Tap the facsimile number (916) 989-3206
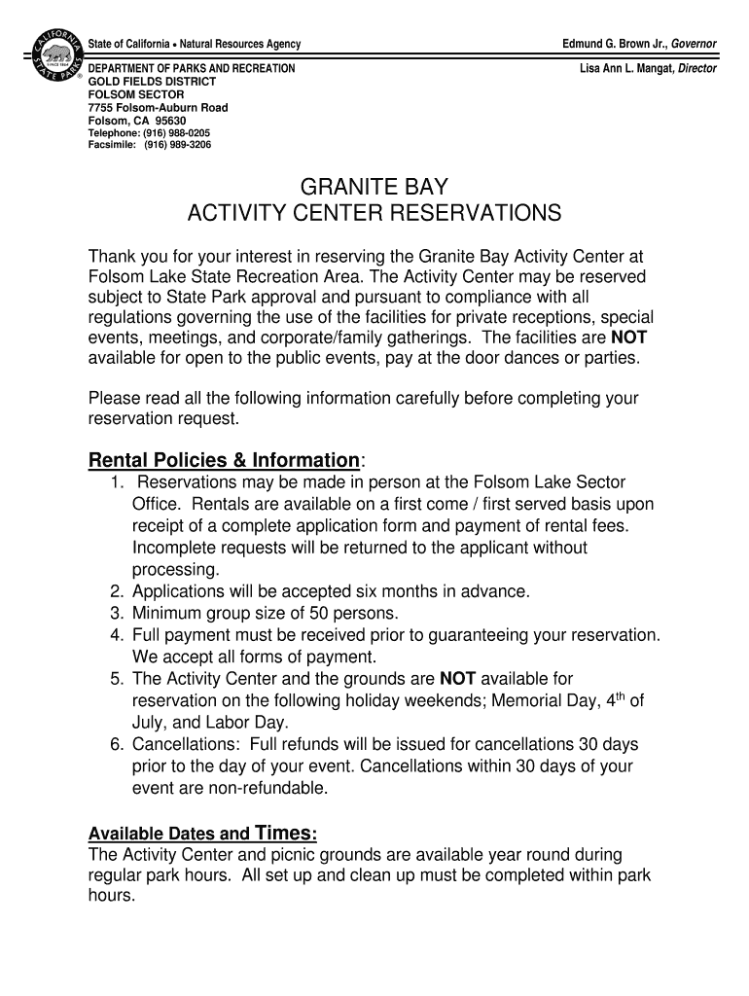click(x=177, y=144)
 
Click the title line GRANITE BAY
click(x=374, y=186)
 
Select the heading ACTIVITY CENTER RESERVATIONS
click(x=374, y=213)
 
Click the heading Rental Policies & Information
click(x=224, y=459)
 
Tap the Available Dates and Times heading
click(x=202, y=834)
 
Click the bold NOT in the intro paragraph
click(x=628, y=338)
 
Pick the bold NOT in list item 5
click(x=458, y=678)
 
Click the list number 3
click(x=116, y=613)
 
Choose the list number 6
click(x=116, y=744)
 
